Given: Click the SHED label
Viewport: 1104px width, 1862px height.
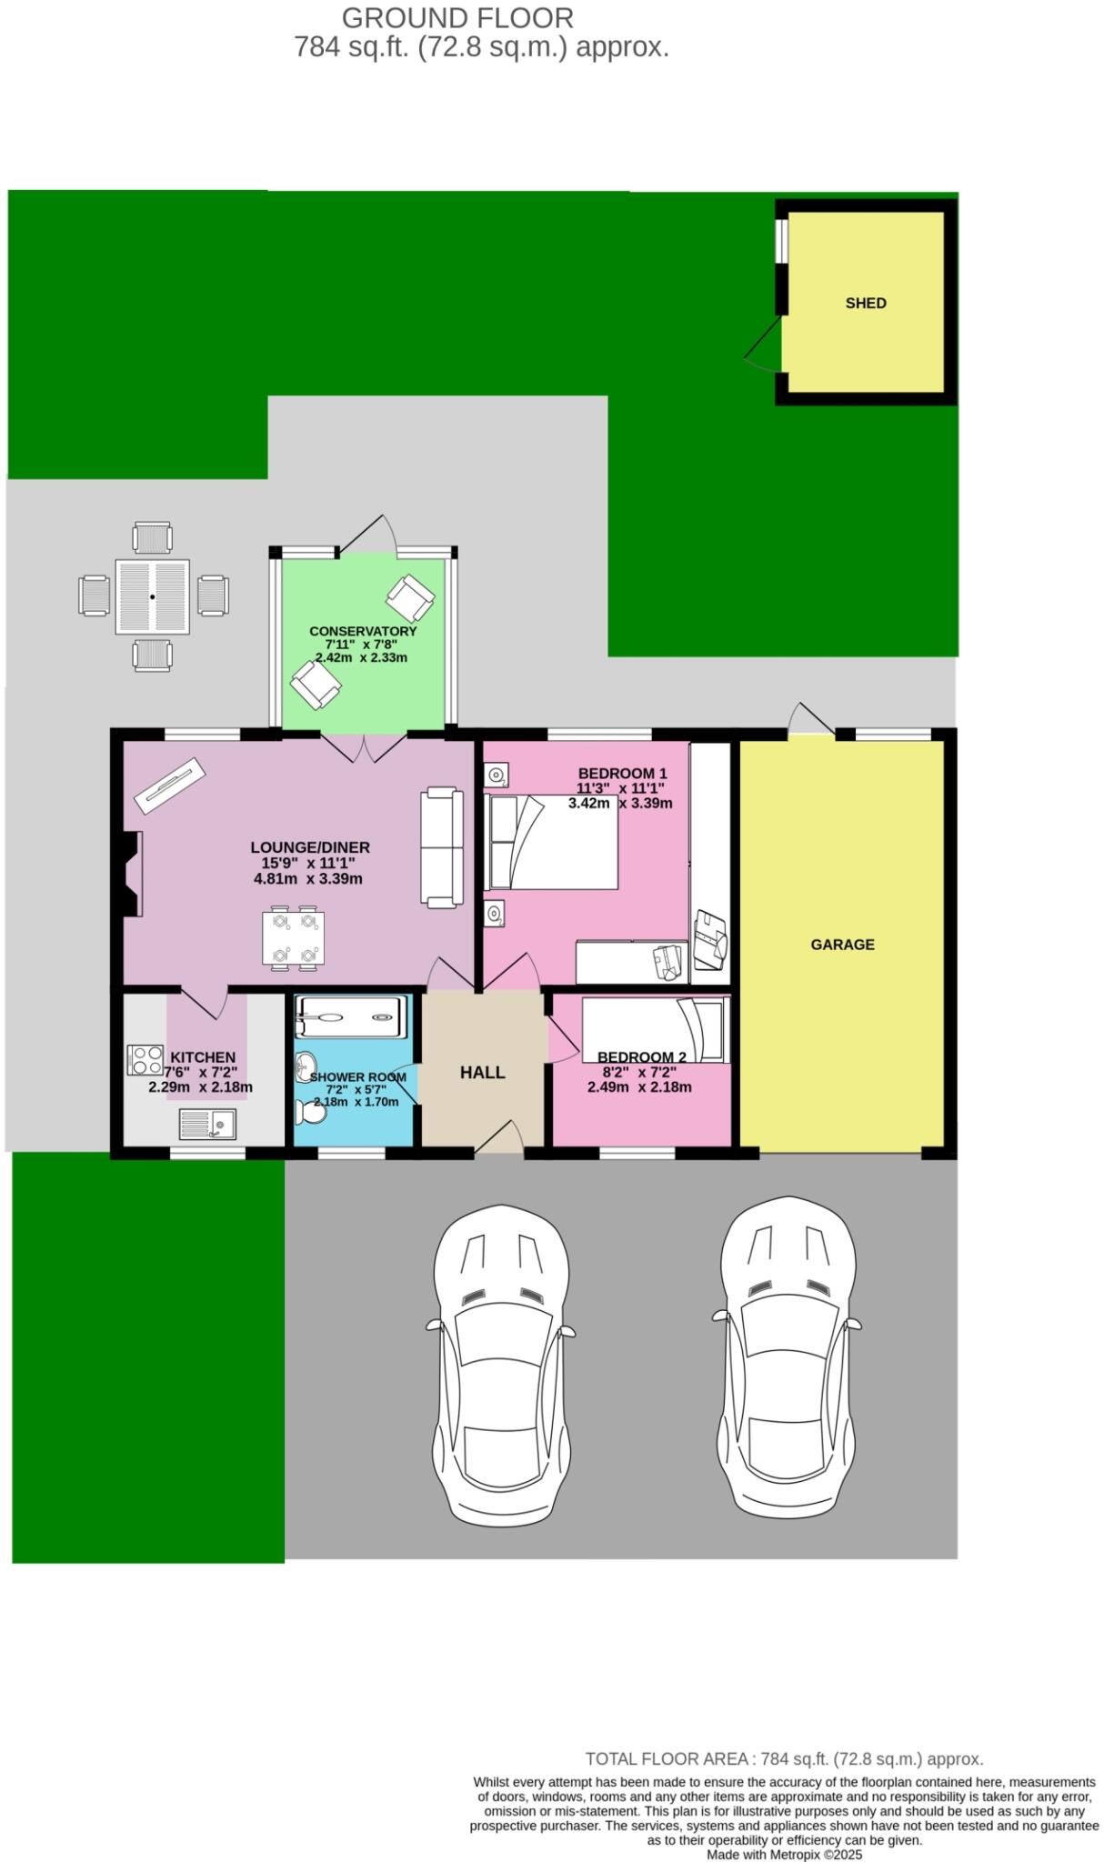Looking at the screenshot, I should (x=865, y=304).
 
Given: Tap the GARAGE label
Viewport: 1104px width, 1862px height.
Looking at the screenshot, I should (x=842, y=945).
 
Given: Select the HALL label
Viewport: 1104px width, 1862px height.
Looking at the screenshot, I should (x=482, y=1073).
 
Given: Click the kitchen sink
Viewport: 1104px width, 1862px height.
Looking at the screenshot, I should (x=207, y=1124).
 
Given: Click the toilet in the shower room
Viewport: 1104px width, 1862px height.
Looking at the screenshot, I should (x=307, y=1111).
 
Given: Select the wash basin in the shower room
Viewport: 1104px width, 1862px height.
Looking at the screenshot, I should (x=306, y=1065).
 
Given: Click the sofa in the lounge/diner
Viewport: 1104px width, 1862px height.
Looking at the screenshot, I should (x=439, y=846).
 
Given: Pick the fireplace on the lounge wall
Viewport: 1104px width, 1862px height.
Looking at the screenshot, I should (x=131, y=874).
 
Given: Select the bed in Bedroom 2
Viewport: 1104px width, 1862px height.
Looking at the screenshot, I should (x=655, y=1029).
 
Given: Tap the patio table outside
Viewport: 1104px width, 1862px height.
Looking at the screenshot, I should (x=153, y=596).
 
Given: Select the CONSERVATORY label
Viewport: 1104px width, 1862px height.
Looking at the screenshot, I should (x=363, y=631).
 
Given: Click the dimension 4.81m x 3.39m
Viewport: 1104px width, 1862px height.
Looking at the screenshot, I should (x=308, y=879).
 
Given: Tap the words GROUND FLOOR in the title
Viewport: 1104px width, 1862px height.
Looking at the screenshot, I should (x=457, y=17).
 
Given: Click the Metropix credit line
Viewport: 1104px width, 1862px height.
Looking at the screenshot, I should (x=784, y=1855).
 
